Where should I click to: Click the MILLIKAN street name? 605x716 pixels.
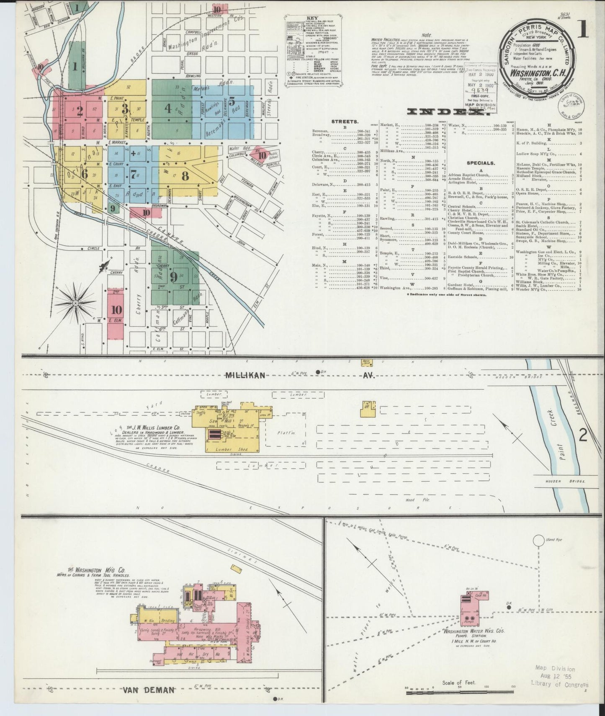[246, 376]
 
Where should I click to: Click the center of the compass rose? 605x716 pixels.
[75, 303]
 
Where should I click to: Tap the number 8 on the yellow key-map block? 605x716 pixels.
[185, 176]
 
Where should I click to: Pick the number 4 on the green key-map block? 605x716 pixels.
[168, 108]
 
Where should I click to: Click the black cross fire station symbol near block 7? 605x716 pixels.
[133, 153]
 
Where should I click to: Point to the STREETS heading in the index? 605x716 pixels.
[344, 121]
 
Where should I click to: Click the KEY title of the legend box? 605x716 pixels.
[312, 18]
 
